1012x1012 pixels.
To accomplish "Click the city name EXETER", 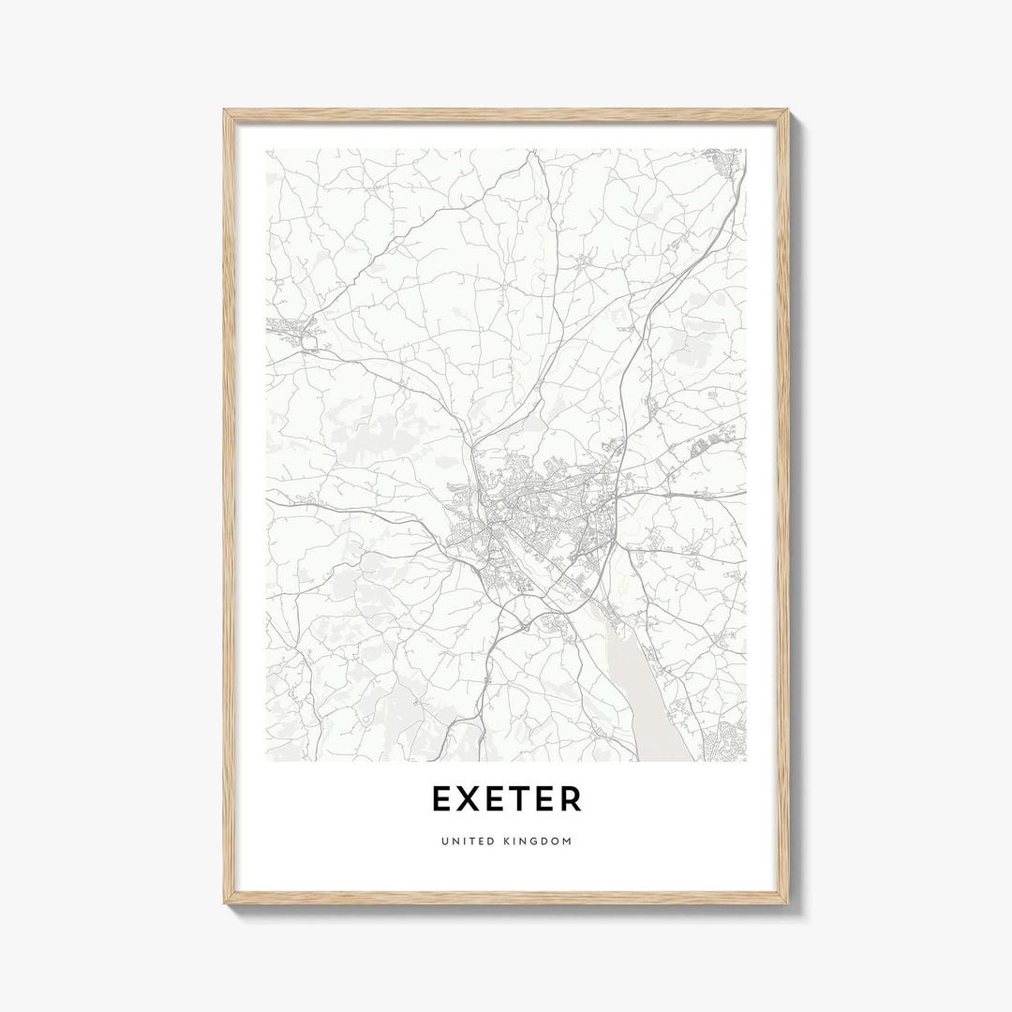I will click(x=506, y=799).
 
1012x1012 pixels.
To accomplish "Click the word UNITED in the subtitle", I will click(x=465, y=841).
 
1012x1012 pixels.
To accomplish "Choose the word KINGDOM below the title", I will click(x=536, y=841).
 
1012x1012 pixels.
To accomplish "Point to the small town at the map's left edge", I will click(x=290, y=328).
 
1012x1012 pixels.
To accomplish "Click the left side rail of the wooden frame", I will click(x=229, y=506).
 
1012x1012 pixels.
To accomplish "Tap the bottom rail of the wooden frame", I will click(x=506, y=898).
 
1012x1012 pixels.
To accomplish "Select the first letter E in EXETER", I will click(x=442, y=799).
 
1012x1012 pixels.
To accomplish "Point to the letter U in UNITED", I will click(x=443, y=841).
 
